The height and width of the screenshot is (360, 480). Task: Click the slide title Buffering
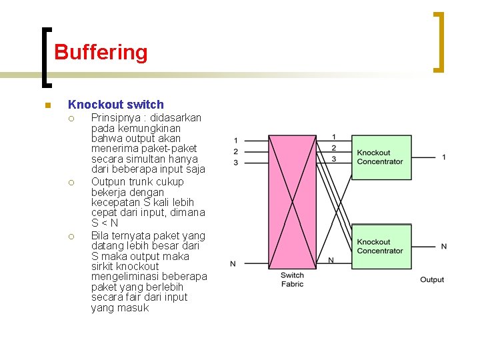click(x=101, y=52)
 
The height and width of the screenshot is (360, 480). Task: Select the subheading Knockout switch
click(x=115, y=105)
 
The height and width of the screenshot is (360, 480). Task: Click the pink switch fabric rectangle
click(x=292, y=200)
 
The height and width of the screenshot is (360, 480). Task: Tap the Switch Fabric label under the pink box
click(x=292, y=279)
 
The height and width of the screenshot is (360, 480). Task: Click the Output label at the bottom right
click(x=432, y=279)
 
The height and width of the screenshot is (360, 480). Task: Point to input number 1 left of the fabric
click(x=235, y=141)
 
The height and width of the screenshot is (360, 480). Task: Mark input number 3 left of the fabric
click(x=235, y=163)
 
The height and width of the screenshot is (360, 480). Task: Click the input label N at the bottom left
click(x=233, y=264)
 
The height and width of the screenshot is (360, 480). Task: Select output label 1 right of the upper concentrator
click(x=444, y=157)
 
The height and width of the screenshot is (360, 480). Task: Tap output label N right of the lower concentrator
click(x=444, y=247)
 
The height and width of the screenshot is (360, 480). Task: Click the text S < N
click(x=105, y=223)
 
